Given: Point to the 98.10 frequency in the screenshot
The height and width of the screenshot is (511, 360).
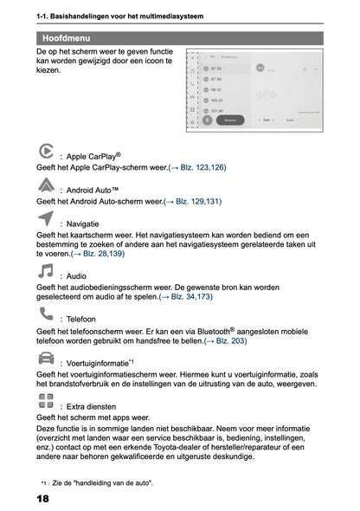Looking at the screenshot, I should (216, 89).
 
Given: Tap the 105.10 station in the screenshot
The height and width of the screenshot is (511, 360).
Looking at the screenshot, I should (216, 100).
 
